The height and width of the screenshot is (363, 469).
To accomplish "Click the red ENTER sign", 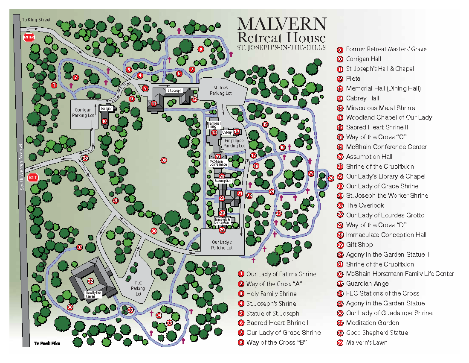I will point(29,38).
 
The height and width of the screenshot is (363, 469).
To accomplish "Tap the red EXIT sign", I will point(33,178).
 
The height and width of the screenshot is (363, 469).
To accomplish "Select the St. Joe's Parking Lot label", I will point(223,90).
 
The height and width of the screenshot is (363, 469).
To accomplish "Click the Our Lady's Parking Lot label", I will point(222,245).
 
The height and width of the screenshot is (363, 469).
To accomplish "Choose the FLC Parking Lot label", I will point(138,288).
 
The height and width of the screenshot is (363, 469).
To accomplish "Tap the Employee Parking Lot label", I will point(234,143).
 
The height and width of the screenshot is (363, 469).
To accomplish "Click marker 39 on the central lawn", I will point(163,160).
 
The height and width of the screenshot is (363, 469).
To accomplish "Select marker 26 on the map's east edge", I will point(331,178).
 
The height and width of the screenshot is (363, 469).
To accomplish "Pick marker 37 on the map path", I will point(80,247).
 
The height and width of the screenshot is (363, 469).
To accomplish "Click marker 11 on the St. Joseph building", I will point(154,103).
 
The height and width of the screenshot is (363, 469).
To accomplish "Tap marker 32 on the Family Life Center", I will point(90,281).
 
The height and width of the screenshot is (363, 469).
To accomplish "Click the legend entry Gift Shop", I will point(359,245).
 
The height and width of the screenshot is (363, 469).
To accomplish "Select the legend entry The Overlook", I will point(365,205).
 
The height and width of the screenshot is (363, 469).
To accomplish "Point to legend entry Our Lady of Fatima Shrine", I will point(281,274).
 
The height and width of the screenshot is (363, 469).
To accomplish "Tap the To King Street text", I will point(36,20).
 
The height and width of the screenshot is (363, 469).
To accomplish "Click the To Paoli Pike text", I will point(47,343).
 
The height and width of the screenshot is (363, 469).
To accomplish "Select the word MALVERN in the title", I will point(282,24).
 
